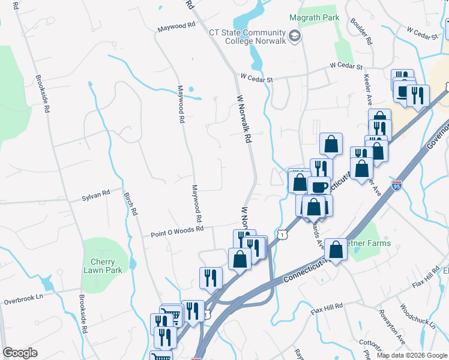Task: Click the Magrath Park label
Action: pos(315,17)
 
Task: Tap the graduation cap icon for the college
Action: pos(294,37)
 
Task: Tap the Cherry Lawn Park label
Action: pos(107,266)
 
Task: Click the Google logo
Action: pos(20,353)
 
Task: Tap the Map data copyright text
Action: pos(412,355)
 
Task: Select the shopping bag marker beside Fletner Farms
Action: pos(336,250)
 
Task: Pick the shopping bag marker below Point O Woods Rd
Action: pos(240,259)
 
